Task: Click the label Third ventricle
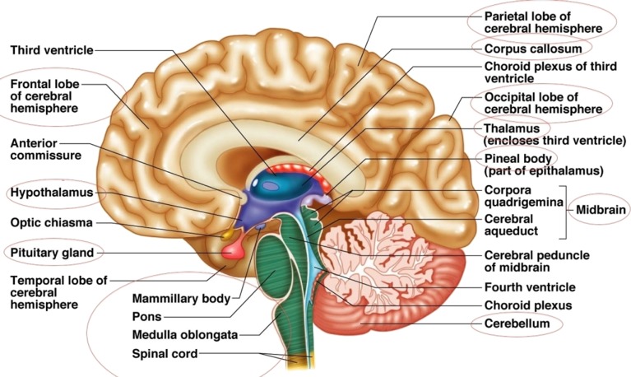52,50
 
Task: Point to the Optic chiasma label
51,222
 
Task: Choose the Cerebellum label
517,323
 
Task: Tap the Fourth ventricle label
530,287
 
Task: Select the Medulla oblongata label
185,335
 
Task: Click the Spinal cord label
165,355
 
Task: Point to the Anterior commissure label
46,149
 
